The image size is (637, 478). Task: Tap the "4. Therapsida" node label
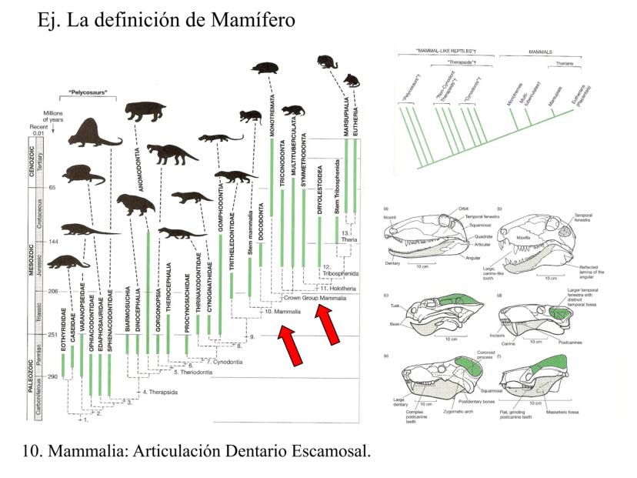click(156, 392)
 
